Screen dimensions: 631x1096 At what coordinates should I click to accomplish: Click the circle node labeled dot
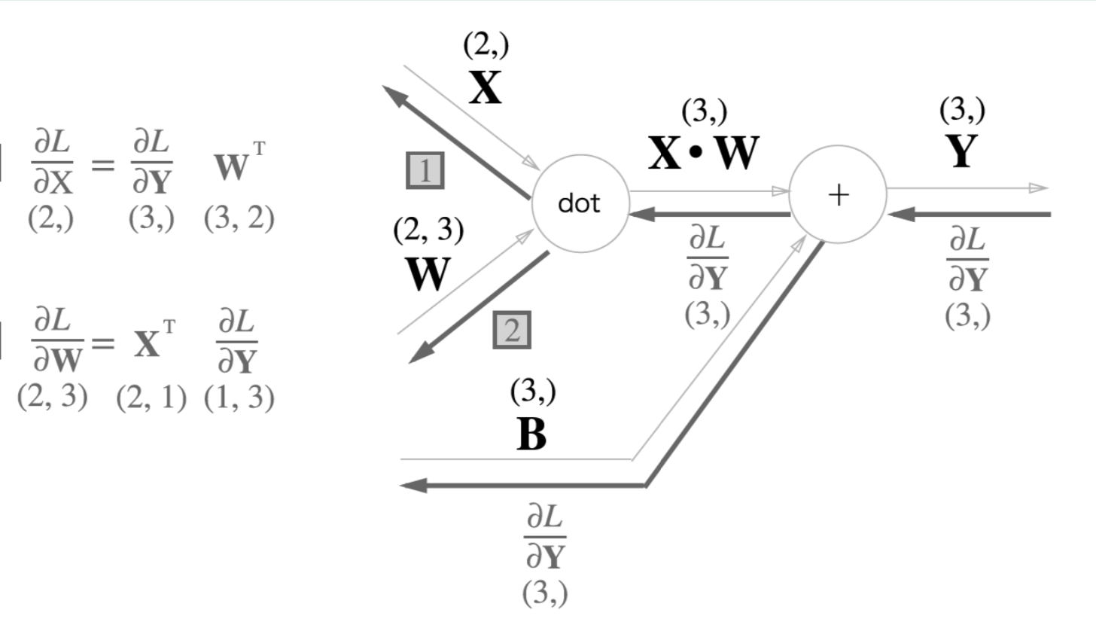pyautogui.click(x=580, y=203)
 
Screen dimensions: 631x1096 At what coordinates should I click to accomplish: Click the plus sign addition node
pyautogui.click(x=837, y=195)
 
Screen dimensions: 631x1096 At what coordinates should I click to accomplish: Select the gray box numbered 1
pyautogui.click(x=425, y=171)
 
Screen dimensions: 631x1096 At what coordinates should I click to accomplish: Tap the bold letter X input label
pyautogui.click(x=485, y=89)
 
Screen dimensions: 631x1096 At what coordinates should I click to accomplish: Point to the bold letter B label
pyautogui.click(x=531, y=434)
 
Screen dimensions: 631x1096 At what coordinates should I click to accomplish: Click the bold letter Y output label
pyautogui.click(x=961, y=152)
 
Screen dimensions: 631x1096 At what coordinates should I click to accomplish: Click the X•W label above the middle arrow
pyautogui.click(x=704, y=154)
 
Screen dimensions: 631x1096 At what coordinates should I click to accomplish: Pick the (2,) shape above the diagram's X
pyautogui.click(x=486, y=47)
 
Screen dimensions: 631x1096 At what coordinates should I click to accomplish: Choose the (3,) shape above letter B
pyautogui.click(x=533, y=392)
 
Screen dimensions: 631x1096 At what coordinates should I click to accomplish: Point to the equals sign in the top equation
pyautogui.click(x=102, y=164)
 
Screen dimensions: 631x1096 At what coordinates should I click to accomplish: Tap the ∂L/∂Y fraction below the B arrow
pyautogui.click(x=545, y=538)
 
